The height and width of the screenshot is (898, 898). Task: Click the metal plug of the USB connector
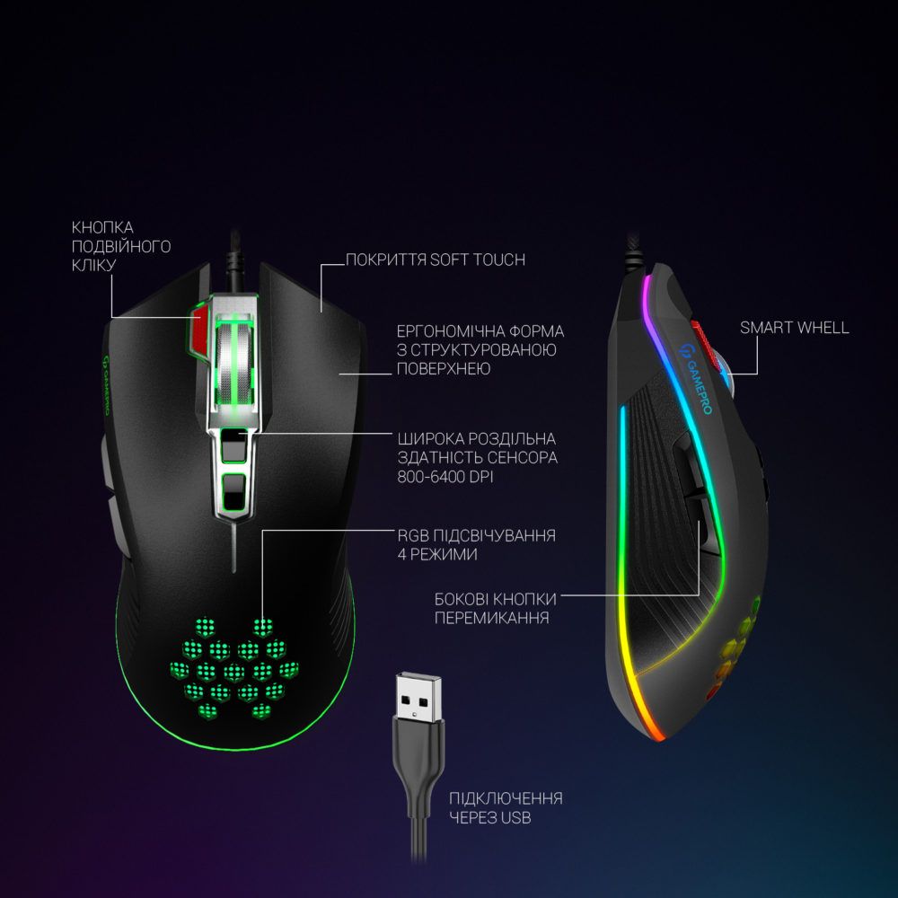pos(418,698)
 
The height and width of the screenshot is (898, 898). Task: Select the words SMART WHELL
pos(794,328)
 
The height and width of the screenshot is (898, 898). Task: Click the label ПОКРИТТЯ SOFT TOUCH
pos(436,260)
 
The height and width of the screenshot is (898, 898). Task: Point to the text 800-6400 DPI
pos(445,477)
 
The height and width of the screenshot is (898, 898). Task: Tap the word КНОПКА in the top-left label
pos(102,227)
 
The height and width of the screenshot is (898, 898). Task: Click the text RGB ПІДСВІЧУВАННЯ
pos(477,535)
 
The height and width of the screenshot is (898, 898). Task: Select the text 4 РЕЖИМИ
pos(437,554)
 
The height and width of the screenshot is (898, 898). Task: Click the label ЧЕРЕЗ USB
pos(489,817)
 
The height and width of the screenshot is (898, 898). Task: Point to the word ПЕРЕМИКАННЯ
pos(491,618)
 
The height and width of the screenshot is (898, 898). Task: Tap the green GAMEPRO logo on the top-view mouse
pos(105,385)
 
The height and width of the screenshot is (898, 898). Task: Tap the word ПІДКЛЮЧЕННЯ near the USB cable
pos(506,798)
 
